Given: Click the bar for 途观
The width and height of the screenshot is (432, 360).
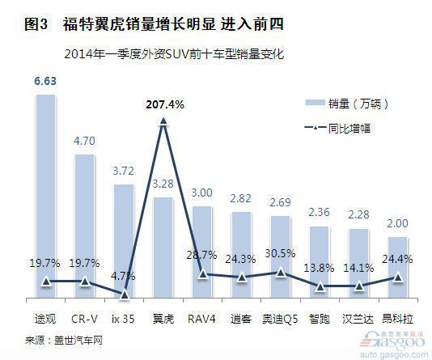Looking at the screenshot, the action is pos(46,196).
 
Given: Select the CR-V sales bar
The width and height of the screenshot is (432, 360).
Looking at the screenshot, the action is pos(85,226).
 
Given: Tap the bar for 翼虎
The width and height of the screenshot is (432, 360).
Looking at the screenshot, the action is pos(163,248).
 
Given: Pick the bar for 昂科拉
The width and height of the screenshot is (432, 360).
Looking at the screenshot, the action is pos(397,267).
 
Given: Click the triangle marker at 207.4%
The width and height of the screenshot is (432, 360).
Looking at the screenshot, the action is pos(163,121).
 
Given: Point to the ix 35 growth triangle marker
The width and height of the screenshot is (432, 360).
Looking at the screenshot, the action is pos(125,294).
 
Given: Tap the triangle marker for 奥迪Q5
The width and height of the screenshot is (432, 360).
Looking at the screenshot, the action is pos(281,273).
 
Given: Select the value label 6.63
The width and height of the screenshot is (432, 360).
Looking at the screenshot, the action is pos(45,81).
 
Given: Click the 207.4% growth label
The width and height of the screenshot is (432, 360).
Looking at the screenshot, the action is pos(165,104).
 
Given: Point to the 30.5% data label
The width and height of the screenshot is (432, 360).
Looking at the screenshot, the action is pos(280,253).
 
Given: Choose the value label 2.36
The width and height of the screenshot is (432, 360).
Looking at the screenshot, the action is pos(319,213).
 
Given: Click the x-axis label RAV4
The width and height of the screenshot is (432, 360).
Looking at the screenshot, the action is pos(201,319).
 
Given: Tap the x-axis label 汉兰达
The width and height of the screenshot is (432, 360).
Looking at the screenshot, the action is pos(358,319).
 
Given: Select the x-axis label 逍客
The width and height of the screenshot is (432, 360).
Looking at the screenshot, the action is pos(241,319).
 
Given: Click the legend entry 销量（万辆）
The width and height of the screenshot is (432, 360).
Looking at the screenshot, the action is pos(347,104).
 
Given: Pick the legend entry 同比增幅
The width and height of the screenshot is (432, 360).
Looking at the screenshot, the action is pos(337,129).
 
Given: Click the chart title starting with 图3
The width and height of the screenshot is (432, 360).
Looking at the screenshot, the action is pos(154,24).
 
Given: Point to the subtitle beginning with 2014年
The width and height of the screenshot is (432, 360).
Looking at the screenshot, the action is pos(174,54).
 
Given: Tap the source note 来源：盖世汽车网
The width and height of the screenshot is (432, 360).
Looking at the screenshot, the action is pos(64,341).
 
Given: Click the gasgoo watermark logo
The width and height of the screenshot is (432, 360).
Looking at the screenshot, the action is pos(394,345).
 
